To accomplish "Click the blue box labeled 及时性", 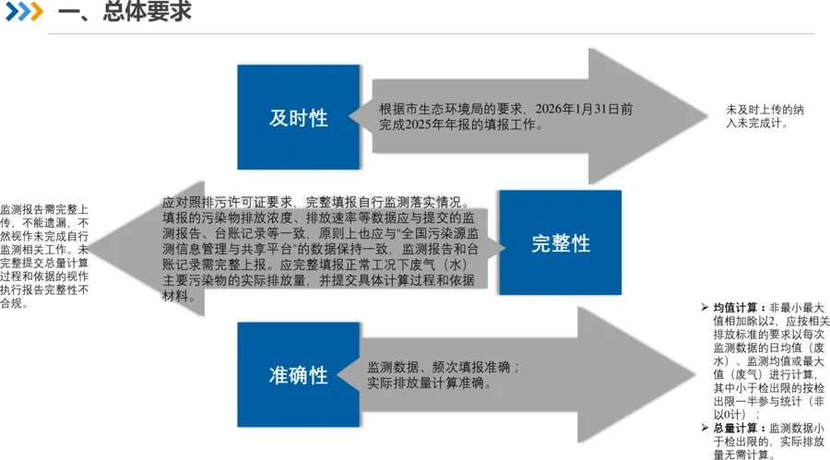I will click(x=298, y=117).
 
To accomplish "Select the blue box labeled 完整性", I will click(x=560, y=243).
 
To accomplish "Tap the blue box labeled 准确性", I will click(x=298, y=375).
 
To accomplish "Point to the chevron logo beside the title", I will click(x=24, y=12).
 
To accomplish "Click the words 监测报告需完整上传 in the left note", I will click(x=44, y=209).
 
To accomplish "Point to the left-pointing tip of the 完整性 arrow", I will click(x=92, y=247).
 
